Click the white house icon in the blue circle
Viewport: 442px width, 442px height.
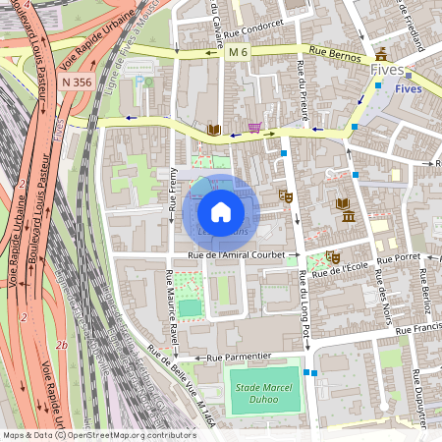pyautogui.click(x=220, y=212)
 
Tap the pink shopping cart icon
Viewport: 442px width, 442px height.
pyautogui.click(x=255, y=128)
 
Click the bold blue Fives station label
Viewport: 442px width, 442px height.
pyautogui.click(x=408, y=87)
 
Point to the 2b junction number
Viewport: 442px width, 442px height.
pyautogui.click(x=61, y=345)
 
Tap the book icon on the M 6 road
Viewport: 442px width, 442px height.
pyautogui.click(x=213, y=130)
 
